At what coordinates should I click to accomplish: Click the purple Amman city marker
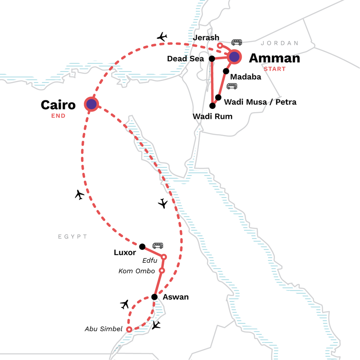coord(234,57)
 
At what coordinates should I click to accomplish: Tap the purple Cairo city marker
coord(91,104)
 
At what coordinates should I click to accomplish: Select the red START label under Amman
coord(274,69)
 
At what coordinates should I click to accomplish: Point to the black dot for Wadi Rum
coord(212,106)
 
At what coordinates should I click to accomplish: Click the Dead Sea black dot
coord(211,58)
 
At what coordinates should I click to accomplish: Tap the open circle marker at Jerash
coord(220,45)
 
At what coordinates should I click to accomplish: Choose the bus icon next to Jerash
coord(236,42)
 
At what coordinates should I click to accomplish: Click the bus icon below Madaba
coord(232,86)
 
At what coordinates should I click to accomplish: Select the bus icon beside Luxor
coord(157,245)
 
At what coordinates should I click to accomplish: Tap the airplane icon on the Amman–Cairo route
coord(162,37)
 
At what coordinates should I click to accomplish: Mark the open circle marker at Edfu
coord(164,257)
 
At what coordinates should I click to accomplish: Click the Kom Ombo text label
coord(136,271)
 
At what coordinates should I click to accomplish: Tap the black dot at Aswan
coord(154,297)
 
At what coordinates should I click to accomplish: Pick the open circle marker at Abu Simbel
coord(129,329)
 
